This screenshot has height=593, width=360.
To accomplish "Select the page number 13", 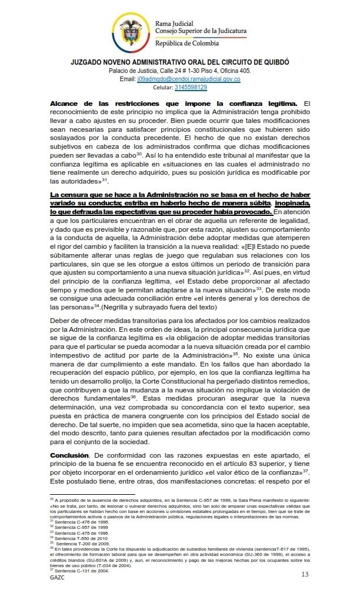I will pyautogui.click(x=305, y=574).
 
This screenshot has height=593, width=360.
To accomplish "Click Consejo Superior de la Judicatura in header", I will pyautogui.click(x=201, y=30).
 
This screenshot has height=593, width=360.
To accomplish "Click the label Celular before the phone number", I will pyautogui.click(x=162, y=87).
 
